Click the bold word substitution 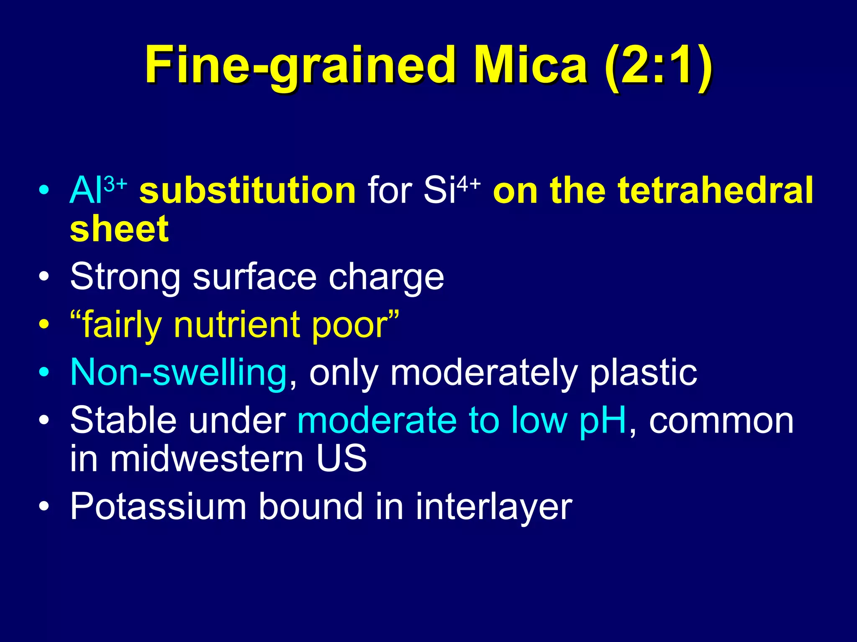coord(247,190)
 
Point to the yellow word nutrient coord(236,325)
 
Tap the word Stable coord(123,420)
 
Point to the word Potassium coord(158,507)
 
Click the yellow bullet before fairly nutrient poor coord(44,324)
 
